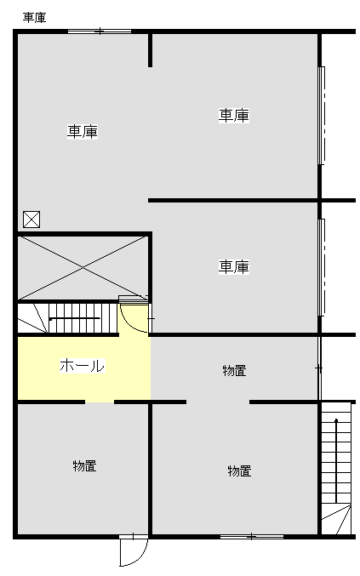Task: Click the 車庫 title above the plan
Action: (x=35, y=17)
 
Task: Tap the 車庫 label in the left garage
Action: (x=83, y=132)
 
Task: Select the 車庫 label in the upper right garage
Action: (x=234, y=116)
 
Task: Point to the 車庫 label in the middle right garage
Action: (x=234, y=267)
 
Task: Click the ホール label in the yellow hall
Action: (x=83, y=366)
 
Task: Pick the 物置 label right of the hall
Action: (x=234, y=371)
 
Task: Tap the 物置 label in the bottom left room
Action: (x=85, y=465)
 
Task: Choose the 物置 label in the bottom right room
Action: (x=239, y=471)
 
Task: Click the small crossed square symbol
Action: (x=31, y=220)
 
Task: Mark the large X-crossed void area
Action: (x=83, y=268)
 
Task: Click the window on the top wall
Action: (x=100, y=31)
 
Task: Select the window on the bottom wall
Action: (x=252, y=537)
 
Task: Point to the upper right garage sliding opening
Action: (x=322, y=116)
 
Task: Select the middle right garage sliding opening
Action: (x=322, y=267)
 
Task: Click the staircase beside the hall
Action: (x=68, y=318)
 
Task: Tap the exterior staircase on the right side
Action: (x=336, y=469)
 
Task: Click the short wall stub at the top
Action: (x=151, y=50)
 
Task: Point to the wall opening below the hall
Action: (x=100, y=402)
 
